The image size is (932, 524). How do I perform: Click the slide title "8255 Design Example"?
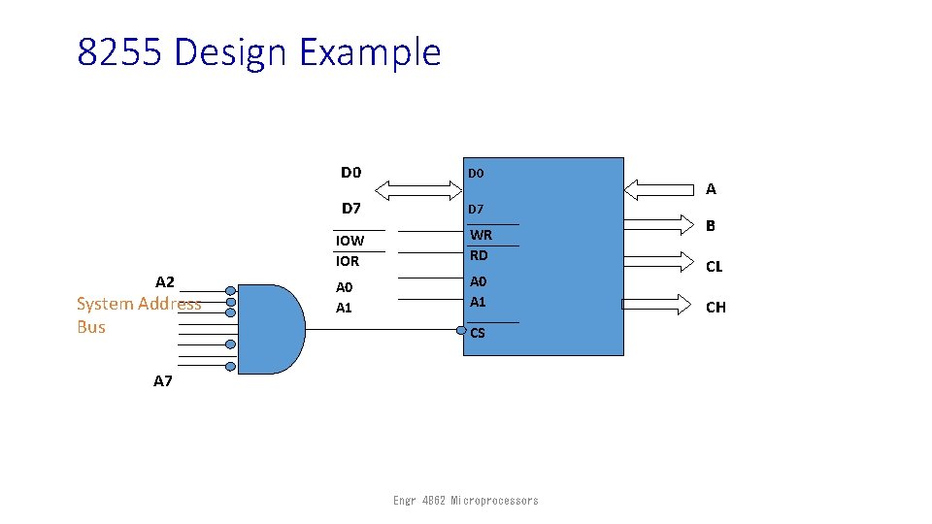pos(259,51)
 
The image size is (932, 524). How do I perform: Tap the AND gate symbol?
pos(271,329)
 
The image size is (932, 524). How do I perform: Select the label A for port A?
pos(711,189)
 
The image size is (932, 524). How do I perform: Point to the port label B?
pos(711,226)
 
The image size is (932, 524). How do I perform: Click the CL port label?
pos(715,266)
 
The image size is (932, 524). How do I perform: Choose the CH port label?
pos(716,308)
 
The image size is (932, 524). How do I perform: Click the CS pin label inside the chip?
pos(478,334)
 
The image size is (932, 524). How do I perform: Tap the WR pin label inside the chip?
pos(482,235)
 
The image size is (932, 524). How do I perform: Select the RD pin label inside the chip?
pos(479,256)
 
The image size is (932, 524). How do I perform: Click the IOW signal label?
pos(349,241)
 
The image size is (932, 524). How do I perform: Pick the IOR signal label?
pos(348,261)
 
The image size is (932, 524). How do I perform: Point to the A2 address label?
pos(165,282)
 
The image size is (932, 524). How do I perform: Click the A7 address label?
pos(163,381)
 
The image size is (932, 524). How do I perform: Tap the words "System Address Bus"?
pos(139,314)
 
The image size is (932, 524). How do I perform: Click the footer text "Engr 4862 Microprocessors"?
pos(465,501)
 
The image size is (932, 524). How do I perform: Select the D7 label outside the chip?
pos(351,209)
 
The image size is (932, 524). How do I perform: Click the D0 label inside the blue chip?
pos(476,174)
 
